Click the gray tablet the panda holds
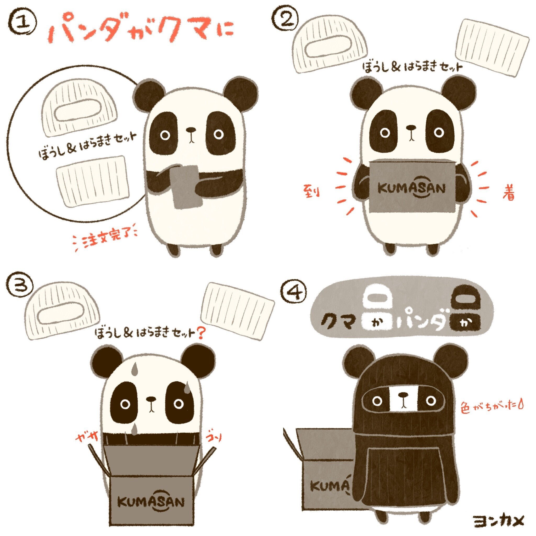[185, 186]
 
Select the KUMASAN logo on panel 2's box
[412, 189]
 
